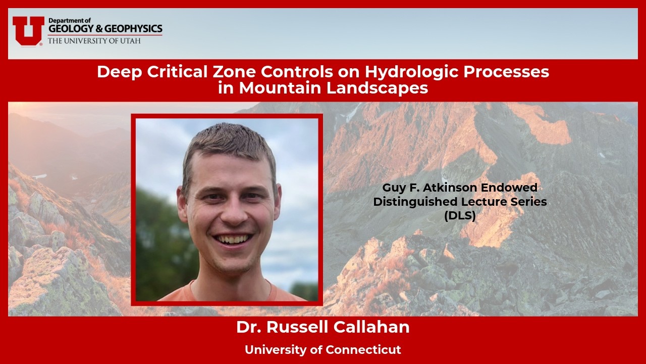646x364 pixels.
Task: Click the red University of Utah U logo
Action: point(28,30)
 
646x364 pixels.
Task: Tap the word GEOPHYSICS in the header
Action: point(136,29)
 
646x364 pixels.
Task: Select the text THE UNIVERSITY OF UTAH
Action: point(94,40)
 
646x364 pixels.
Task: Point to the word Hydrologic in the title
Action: point(414,72)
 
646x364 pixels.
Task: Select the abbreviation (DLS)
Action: point(459,214)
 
